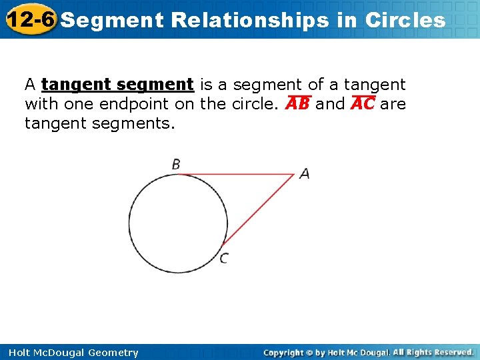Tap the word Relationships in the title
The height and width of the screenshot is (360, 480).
click(x=250, y=20)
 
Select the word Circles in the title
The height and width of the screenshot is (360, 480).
click(x=405, y=20)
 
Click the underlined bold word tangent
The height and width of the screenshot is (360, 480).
click(x=75, y=85)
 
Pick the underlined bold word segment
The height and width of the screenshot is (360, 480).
click(x=154, y=85)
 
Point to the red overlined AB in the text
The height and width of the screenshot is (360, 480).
click(x=297, y=105)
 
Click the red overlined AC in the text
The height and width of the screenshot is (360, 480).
click(x=363, y=105)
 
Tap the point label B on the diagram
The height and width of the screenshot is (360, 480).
click(x=176, y=164)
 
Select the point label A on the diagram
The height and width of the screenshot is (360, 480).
click(x=305, y=173)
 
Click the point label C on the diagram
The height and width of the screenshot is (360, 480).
click(x=224, y=259)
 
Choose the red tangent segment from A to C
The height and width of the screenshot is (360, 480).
click(x=260, y=209)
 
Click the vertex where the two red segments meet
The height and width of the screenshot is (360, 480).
click(x=295, y=175)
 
